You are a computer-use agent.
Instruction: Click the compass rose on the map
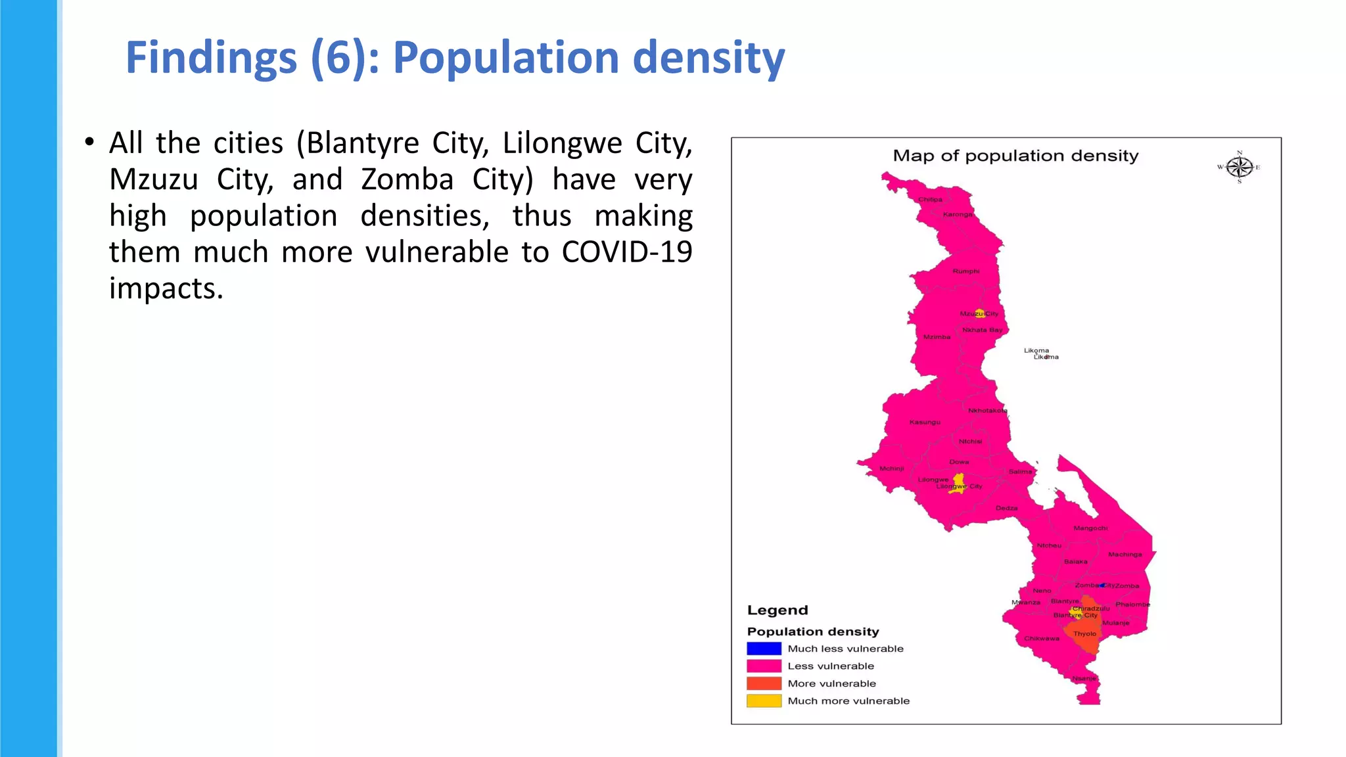(1240, 167)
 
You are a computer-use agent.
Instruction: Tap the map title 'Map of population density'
(1015, 156)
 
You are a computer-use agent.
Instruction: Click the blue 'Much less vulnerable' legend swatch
(764, 649)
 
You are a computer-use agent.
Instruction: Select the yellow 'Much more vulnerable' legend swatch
(764, 701)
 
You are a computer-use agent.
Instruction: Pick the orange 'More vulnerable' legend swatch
(764, 683)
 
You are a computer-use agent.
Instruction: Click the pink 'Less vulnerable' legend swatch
(764, 666)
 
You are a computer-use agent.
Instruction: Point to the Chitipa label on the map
(930, 200)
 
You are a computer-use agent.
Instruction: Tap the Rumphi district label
(966, 271)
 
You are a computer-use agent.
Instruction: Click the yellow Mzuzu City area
(980, 313)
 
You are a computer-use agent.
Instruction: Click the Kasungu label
(925, 422)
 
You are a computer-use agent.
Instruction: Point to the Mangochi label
(1090, 528)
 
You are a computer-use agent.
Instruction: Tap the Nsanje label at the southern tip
(1084, 678)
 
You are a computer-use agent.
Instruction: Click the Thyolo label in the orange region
(1084, 634)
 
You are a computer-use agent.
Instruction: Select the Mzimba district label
(937, 337)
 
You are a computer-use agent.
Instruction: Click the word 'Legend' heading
(777, 610)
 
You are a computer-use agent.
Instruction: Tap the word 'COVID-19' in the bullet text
(626, 252)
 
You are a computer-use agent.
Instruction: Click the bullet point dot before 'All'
(89, 142)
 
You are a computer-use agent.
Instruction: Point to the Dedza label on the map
(1006, 508)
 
